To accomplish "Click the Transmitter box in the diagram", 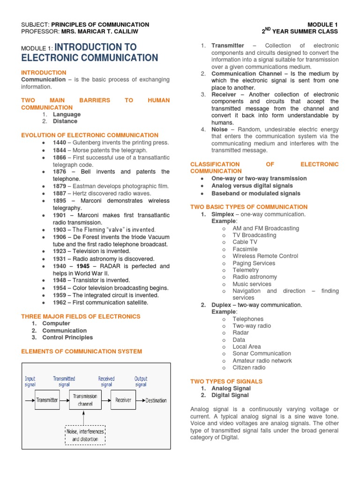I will (x=47, y=400).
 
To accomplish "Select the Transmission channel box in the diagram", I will (x=85, y=400).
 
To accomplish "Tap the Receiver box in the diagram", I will (x=123, y=400).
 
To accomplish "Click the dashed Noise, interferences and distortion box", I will (x=85, y=435).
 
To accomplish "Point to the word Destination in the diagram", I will (x=156, y=400).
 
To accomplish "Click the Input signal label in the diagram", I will (x=30, y=381).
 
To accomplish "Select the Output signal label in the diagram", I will (x=141, y=381).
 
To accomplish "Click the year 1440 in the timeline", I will (x=60, y=142).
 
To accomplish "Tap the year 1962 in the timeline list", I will (x=60, y=302).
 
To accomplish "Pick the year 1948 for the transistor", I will (x=60, y=280).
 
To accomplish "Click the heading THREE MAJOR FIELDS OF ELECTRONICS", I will (x=81, y=316).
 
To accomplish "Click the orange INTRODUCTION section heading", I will (x=44, y=73).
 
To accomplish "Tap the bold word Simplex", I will (x=223, y=214).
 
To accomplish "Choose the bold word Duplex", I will (x=221, y=305).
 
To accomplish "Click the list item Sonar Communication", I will (x=262, y=353).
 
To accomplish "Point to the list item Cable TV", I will (x=245, y=242).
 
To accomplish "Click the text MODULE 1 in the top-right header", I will (x=322, y=24).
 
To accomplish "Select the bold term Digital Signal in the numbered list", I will (x=230, y=395).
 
